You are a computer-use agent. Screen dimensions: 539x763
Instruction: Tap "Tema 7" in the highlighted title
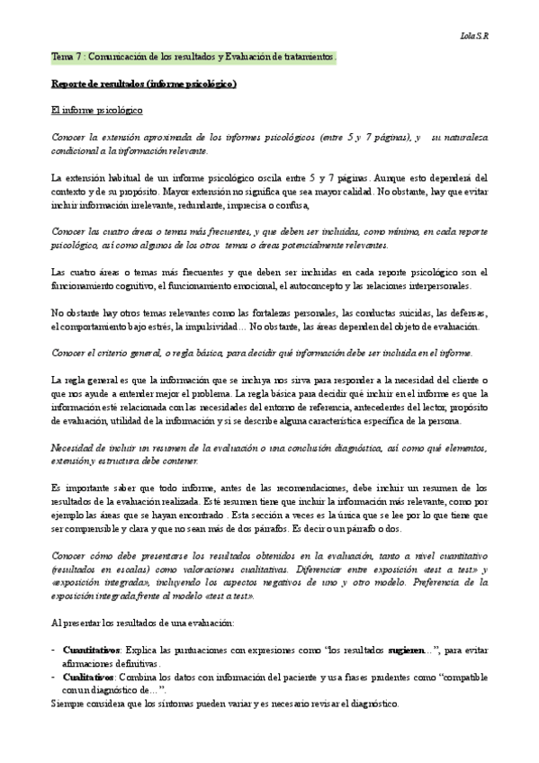pyautogui.click(x=67, y=58)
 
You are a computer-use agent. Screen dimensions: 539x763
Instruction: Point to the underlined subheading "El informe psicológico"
pyautogui.click(x=96, y=111)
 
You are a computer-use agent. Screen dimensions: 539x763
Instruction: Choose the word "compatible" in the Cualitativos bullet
pyautogui.click(x=459, y=675)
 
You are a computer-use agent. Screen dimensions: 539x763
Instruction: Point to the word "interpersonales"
pyautogui.click(x=429, y=286)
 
